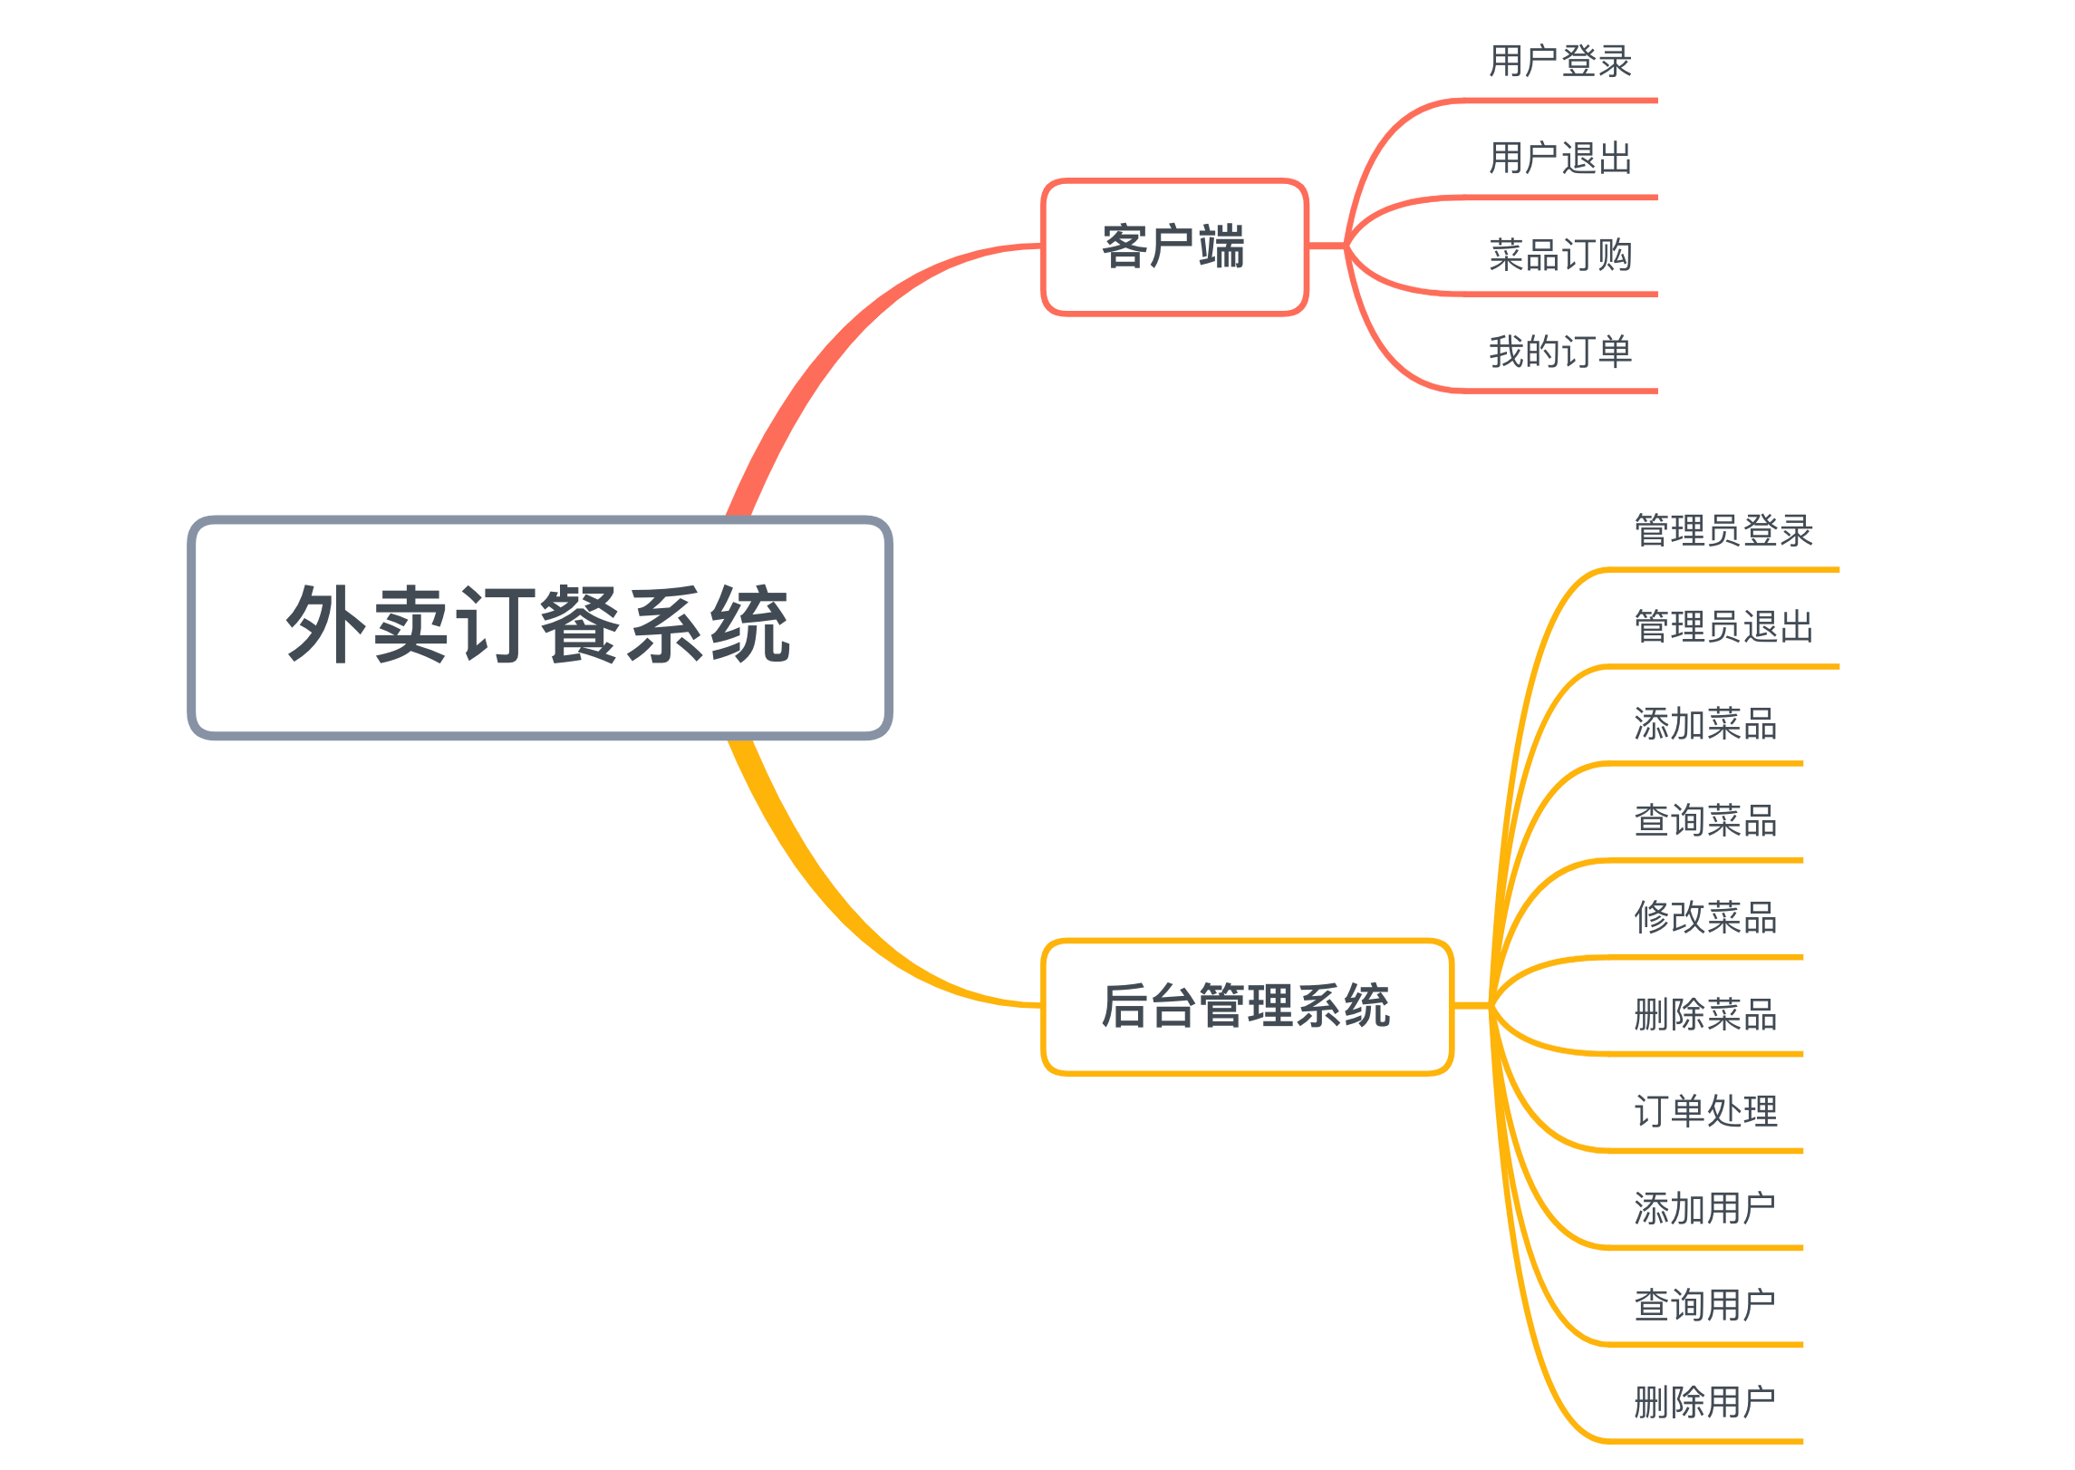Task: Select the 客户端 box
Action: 1173,247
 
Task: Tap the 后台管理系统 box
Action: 1246,1006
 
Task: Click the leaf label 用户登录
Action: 1559,62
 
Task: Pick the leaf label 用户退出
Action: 1559,159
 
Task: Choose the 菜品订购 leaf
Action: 1559,256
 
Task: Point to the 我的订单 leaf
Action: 1559,352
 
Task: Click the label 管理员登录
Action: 1723,530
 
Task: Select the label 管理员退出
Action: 1723,627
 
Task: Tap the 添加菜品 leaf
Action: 1704,724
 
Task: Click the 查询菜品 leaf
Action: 1704,821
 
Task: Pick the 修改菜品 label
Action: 1704,918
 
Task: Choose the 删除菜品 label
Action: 1704,1015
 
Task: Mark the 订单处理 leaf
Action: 1704,1112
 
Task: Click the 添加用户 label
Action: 1704,1209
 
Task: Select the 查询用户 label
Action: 1704,1306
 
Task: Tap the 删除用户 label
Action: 1704,1403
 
